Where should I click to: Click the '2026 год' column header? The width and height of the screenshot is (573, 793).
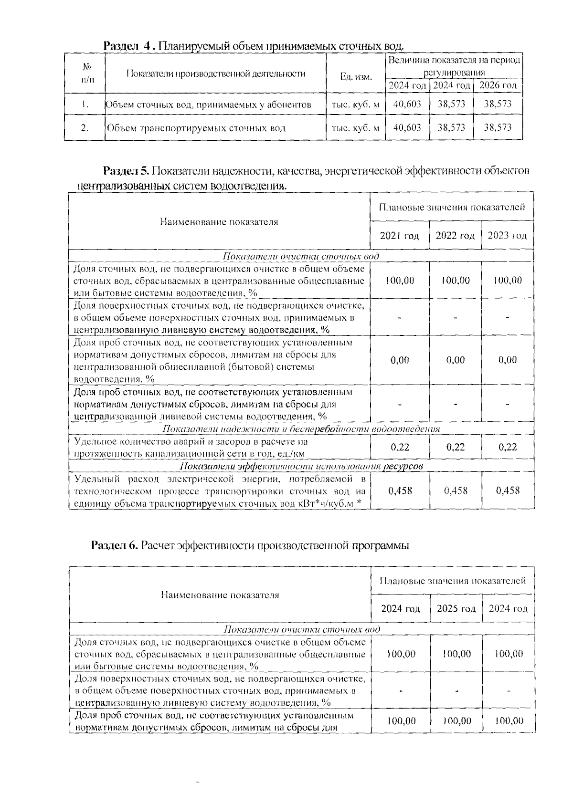coord(498,85)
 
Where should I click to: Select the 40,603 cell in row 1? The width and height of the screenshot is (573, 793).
coord(407,104)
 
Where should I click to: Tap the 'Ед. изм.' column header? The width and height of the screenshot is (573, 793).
coord(356,77)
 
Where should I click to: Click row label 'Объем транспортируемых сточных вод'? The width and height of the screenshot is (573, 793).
coord(196,128)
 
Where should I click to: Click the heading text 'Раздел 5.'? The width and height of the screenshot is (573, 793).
coord(127,171)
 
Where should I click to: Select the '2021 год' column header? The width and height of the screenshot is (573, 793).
coord(399,236)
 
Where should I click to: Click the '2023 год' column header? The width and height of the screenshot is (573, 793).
coord(507,236)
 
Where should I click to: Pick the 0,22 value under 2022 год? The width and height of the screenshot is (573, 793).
coord(455,447)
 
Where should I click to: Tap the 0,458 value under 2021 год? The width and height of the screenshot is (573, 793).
coord(400,490)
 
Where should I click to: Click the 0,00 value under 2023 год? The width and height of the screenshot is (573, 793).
coord(507,360)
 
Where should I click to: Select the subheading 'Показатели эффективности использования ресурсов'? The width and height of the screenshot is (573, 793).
coord(301,466)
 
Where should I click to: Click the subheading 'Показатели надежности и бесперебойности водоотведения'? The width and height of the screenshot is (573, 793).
coord(301,429)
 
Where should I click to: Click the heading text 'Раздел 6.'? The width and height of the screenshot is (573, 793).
coord(115,545)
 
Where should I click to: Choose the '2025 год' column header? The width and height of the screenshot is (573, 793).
coord(456,609)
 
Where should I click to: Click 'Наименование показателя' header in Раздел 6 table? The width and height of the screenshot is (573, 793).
coord(220,595)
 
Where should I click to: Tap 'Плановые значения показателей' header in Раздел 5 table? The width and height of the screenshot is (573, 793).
coord(452,207)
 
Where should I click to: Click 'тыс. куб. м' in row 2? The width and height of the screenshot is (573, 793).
coord(355,128)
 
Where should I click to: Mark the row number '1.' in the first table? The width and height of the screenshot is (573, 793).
coord(85,104)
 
